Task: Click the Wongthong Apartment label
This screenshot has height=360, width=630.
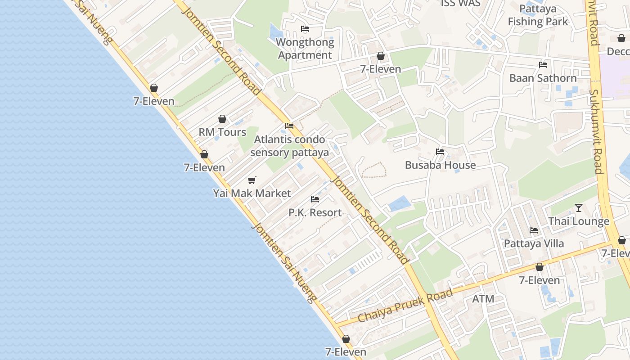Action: (x=306, y=49)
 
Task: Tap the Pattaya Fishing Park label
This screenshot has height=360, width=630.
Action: (x=538, y=15)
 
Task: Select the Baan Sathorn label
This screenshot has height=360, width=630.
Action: (x=543, y=78)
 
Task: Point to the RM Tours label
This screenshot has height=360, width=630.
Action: (x=222, y=132)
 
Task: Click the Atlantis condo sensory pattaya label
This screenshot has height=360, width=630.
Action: (x=289, y=146)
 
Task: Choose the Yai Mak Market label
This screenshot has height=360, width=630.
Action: (x=252, y=193)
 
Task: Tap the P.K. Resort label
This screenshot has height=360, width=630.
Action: (x=315, y=212)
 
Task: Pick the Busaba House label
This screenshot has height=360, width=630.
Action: (x=440, y=165)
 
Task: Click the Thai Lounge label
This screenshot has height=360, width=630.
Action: (x=578, y=221)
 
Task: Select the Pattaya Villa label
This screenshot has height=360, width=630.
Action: (x=534, y=243)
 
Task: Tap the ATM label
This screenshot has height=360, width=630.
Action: (x=483, y=298)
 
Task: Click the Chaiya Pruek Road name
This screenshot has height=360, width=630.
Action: (x=405, y=306)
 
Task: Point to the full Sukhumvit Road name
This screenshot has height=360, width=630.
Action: (x=597, y=130)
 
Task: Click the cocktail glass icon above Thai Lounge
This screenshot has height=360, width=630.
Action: (x=579, y=208)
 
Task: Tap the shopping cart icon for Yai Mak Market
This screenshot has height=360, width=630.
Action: (x=252, y=180)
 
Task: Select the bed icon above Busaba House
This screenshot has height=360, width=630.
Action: (x=440, y=152)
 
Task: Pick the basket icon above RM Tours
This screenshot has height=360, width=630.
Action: (x=222, y=119)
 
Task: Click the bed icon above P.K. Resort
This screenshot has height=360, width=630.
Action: (x=315, y=199)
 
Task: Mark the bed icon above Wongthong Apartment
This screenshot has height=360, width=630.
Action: (x=305, y=29)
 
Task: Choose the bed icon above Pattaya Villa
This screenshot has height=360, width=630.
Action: (x=534, y=230)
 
